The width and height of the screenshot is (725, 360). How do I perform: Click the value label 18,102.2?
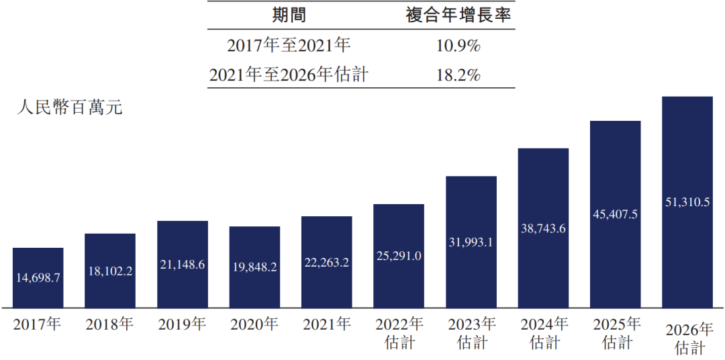pyautogui.click(x=110, y=271)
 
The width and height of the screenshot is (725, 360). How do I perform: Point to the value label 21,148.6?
pyautogui.click(x=183, y=265)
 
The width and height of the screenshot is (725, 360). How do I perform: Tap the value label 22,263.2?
pyautogui.click(x=327, y=263)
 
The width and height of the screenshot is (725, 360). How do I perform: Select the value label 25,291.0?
pyautogui.click(x=399, y=256)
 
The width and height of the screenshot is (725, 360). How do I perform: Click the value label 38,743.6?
pyautogui.click(x=543, y=228)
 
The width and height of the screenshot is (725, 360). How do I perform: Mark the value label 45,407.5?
pyautogui.click(x=616, y=215)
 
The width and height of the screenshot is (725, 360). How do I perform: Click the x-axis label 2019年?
pyautogui.click(x=183, y=325)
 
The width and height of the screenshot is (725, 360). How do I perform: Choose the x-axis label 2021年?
pyautogui.click(x=327, y=325)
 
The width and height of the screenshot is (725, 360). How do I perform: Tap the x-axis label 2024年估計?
pyautogui.click(x=543, y=334)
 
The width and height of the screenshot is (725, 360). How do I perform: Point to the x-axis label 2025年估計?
pyautogui.click(x=616, y=334)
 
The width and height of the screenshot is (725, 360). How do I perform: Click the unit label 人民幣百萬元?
pyautogui.click(x=70, y=107)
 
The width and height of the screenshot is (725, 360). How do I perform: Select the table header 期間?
pyautogui.click(x=289, y=15)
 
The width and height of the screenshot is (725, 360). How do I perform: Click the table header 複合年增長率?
pyautogui.click(x=458, y=15)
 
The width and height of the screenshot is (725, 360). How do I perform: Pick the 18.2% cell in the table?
pyautogui.click(x=458, y=75)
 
